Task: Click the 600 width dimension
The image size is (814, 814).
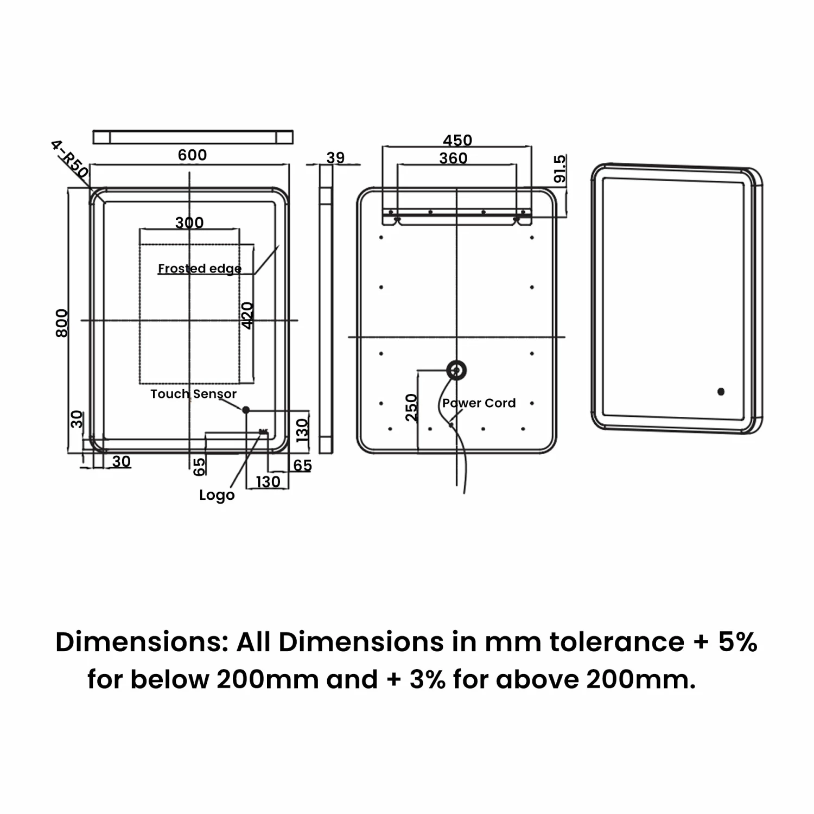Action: click(192, 155)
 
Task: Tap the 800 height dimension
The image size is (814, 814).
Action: click(62, 323)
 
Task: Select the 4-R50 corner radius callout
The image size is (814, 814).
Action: click(69, 159)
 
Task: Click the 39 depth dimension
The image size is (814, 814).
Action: click(335, 157)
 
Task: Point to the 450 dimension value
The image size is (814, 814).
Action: click(457, 141)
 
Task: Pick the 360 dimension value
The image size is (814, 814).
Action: click(453, 158)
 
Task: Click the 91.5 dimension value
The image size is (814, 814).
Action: click(560, 169)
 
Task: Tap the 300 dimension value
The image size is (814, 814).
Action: click(189, 222)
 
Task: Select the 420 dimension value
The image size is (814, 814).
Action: click(247, 315)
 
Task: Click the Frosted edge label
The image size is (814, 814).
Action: click(200, 269)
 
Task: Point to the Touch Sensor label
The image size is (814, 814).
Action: click(193, 394)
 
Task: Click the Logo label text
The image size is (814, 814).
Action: click(217, 495)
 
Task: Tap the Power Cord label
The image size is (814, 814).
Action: click(479, 403)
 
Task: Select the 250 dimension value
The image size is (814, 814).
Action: click(412, 408)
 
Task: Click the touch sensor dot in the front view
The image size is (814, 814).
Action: click(246, 410)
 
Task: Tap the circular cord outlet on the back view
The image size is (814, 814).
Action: click(456, 371)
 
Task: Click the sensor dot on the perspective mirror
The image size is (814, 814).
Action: click(721, 391)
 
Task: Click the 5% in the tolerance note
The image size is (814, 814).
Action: click(737, 642)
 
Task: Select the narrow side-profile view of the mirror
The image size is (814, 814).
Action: click(326, 309)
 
